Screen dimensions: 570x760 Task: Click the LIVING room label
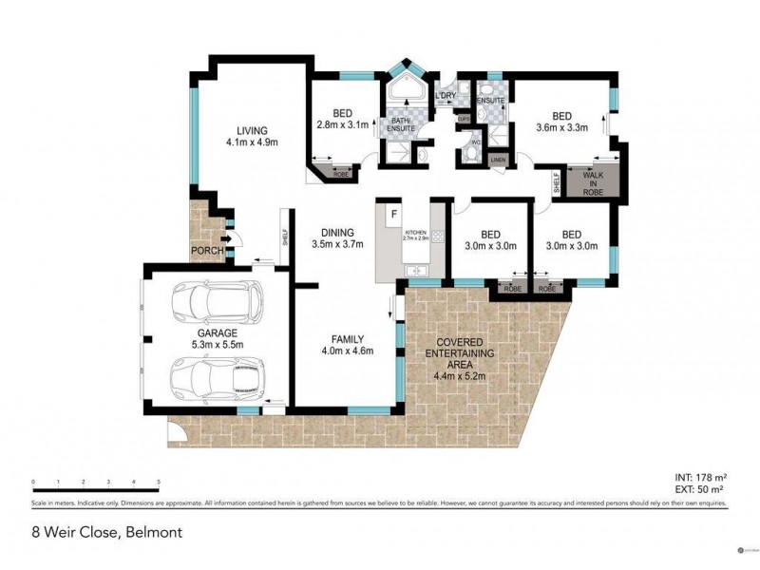coord(252,137)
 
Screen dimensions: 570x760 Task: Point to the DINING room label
coord(337,237)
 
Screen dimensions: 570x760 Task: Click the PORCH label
coord(206,252)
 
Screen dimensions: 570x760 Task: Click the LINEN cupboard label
coord(498,161)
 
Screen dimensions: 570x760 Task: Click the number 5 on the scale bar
coord(159,484)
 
